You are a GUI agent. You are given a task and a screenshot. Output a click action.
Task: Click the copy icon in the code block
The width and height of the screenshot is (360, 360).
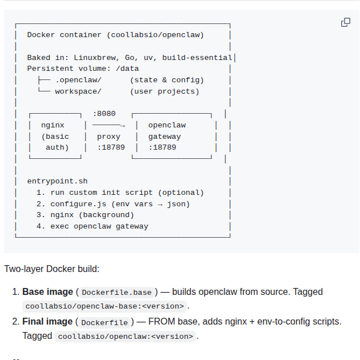[x=346, y=22]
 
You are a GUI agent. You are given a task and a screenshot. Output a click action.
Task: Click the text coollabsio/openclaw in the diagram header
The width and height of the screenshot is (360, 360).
[x=155, y=35]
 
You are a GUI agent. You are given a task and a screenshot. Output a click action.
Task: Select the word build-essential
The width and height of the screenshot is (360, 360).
[x=197, y=58]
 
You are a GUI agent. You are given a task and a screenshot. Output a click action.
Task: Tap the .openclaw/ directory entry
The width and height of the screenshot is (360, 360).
[x=78, y=80]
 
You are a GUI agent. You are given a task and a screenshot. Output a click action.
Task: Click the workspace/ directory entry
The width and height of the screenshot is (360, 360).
[x=78, y=91]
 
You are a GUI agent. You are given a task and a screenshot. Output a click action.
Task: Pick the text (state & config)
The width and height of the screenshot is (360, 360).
[x=166, y=80]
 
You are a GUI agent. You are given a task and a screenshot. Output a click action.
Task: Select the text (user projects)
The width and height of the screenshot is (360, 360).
[x=164, y=91]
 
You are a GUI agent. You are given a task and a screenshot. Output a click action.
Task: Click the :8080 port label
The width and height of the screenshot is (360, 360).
[x=104, y=114]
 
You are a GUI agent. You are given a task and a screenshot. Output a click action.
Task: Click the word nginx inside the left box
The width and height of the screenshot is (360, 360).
[x=53, y=125]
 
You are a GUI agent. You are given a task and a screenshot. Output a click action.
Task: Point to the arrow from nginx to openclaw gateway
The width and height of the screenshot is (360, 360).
[x=108, y=125]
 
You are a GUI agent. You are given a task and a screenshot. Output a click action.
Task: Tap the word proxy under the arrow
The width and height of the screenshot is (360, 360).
[x=109, y=137]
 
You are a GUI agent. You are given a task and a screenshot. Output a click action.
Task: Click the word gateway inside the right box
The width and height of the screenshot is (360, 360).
[x=164, y=137]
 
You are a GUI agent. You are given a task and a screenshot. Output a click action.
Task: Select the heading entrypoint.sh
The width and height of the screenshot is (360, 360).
[x=57, y=181]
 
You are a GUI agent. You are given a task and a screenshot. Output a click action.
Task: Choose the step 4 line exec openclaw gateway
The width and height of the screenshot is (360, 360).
[x=99, y=226]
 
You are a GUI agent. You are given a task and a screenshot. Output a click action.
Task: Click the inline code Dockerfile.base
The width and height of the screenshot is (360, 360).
[x=117, y=293]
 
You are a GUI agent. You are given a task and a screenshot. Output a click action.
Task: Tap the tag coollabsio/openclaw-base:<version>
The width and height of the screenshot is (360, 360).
[x=105, y=306]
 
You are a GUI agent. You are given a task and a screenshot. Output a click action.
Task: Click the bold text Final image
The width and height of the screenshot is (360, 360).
[x=47, y=321]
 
